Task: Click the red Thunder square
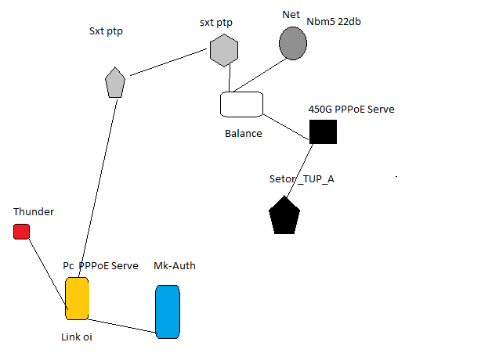coord(21,231)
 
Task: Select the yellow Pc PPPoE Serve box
coord(77,298)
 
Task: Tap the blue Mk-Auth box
coord(168,311)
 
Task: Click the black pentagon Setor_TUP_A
coord(284,216)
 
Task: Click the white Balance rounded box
coord(241,104)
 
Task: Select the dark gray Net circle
coord(293,43)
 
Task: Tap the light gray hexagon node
coord(223,51)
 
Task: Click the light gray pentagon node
coord(115,82)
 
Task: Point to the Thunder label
coord(34,211)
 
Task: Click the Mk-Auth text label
coord(175,266)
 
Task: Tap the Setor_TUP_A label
coord(302,178)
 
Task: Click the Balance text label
coord(243,133)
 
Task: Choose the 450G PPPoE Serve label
coord(351,110)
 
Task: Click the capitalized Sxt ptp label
coord(106,31)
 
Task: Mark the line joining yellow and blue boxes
coord(122,325)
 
